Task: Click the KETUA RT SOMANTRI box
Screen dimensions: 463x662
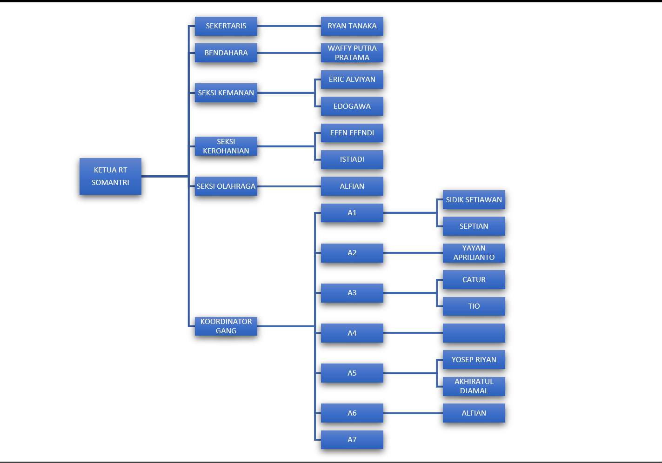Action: click(110, 176)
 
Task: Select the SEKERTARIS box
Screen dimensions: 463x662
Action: click(226, 26)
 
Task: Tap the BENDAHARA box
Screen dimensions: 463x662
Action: click(226, 53)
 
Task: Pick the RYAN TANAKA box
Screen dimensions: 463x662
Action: click(352, 26)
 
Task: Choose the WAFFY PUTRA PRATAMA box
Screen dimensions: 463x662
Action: click(352, 53)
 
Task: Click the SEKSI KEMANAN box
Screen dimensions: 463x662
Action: click(226, 93)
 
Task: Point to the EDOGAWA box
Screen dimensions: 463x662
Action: click(352, 106)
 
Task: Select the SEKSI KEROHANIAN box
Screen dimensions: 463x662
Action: click(226, 146)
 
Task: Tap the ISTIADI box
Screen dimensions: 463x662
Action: click(352, 159)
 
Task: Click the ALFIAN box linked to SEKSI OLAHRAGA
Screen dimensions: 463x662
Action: click(352, 186)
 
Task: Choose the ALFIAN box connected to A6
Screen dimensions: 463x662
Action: click(474, 413)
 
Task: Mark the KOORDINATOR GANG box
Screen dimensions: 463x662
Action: click(226, 326)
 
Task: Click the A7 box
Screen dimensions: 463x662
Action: click(352, 440)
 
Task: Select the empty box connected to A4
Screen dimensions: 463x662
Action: click(474, 333)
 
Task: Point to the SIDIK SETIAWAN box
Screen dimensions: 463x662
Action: click(474, 200)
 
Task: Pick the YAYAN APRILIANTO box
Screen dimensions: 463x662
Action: click(474, 253)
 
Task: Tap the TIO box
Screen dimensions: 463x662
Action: click(474, 306)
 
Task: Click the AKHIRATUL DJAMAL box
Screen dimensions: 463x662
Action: click(474, 386)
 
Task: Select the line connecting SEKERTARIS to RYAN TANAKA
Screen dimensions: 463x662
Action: click(288, 26)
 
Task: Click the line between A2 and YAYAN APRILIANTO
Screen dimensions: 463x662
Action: click(413, 253)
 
